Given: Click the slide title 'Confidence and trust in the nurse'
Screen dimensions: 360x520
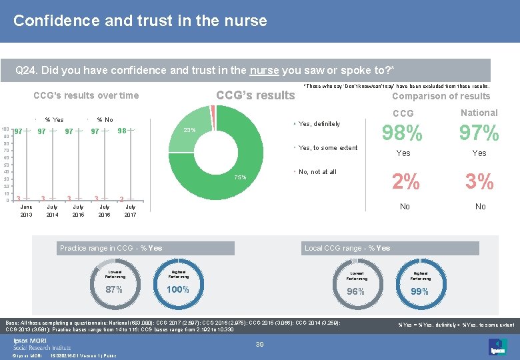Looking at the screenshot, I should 140,21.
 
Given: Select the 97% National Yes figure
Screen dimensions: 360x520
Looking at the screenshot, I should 479,134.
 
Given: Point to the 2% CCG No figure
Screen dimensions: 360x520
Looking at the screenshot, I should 405,182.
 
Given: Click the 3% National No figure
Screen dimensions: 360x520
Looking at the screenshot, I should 480,182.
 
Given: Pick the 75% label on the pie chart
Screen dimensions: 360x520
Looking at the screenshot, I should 239,177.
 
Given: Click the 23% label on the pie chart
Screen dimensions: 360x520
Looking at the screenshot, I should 189,130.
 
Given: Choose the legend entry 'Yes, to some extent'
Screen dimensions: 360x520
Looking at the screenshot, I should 328,148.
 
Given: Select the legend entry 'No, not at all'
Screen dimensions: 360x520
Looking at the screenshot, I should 317,172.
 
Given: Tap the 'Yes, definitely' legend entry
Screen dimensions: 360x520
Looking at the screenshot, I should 319,124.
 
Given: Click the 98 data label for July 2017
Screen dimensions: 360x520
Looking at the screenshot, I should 122,131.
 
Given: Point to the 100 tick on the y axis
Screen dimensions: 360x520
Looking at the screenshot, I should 5,129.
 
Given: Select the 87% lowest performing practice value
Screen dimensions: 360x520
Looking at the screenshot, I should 114,290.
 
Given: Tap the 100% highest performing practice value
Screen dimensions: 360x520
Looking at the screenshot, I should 178,290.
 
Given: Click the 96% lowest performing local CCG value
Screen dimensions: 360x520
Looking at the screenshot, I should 356,292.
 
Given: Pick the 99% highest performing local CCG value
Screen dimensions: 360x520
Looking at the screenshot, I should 420,292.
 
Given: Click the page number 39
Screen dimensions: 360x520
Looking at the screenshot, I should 261,344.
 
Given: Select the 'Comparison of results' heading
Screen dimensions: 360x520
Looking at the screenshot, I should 441,96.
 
